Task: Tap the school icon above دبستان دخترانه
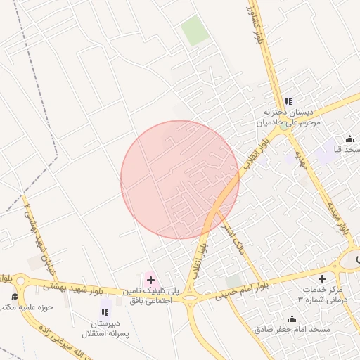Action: pyautogui.click(x=288, y=101)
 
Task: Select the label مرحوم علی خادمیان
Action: pyautogui.click(x=287, y=122)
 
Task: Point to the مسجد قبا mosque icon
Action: pyautogui.click(x=349, y=139)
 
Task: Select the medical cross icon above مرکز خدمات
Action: pyautogui.click(x=322, y=278)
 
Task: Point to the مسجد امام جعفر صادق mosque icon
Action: pyautogui.click(x=292, y=319)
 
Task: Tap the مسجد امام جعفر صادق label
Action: pyautogui.click(x=288, y=329)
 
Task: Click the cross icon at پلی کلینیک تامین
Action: pyautogui.click(x=150, y=280)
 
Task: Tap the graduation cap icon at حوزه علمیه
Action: pyautogui.click(x=14, y=295)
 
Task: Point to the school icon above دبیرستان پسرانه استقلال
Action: pyautogui.click(x=105, y=311)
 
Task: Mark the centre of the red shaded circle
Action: pyautogui.click(x=180, y=179)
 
